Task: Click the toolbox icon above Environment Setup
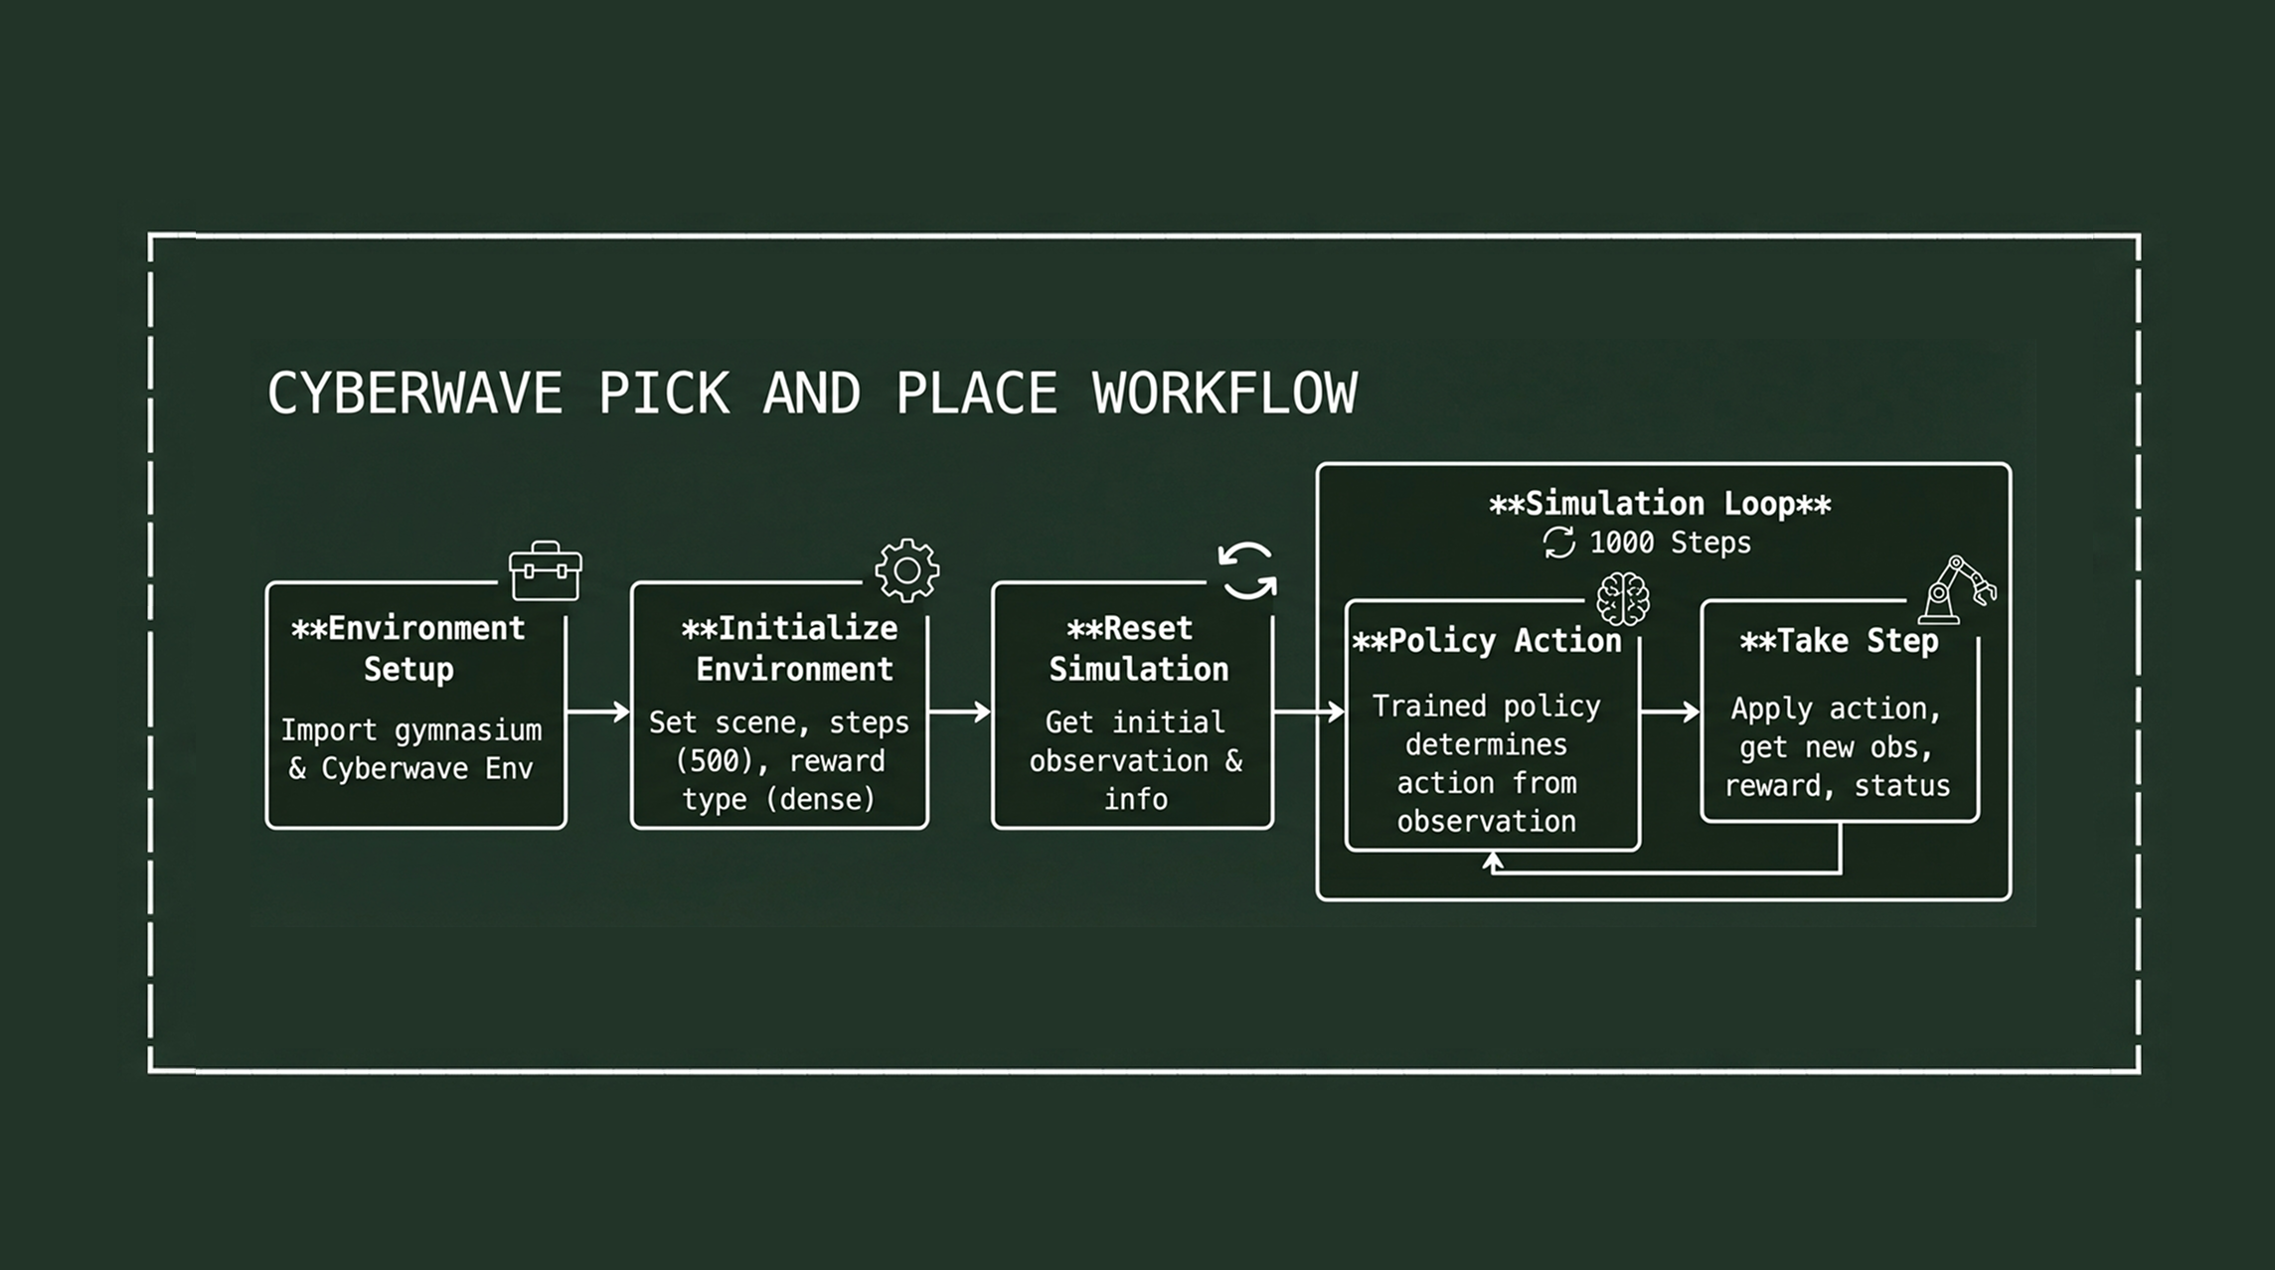[x=545, y=571]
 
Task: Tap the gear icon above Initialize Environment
[x=906, y=570]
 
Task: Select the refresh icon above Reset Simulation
[x=1247, y=571]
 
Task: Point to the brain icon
[x=1622, y=599]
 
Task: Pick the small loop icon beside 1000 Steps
[x=1558, y=543]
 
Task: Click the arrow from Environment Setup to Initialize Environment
[x=598, y=712]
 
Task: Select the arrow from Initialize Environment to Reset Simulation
[x=960, y=712]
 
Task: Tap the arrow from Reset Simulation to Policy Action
[x=1309, y=712]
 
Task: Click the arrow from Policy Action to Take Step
[x=1670, y=712]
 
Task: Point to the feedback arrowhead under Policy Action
[x=1492, y=863]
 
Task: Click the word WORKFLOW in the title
[x=1224, y=394]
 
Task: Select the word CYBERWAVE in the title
[x=414, y=394]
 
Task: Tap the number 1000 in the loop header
[x=1621, y=543]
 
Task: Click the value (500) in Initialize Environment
[x=714, y=761]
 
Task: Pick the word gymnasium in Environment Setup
[x=468, y=731]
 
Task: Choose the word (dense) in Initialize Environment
[x=821, y=799]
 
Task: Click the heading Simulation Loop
[x=1660, y=504]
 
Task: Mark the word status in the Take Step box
[x=1901, y=786]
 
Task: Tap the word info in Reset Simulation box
[x=1135, y=799]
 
